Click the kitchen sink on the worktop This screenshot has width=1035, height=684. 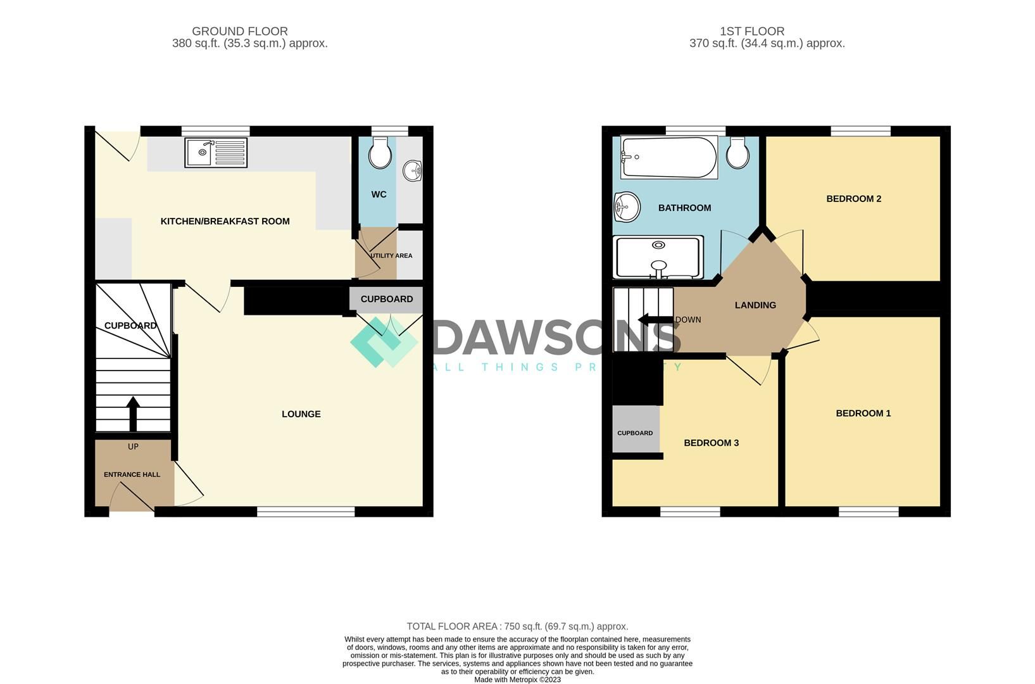[x=216, y=153]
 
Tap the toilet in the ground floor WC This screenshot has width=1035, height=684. [x=380, y=153]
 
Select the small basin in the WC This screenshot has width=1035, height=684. [x=413, y=170]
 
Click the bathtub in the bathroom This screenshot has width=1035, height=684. [x=668, y=158]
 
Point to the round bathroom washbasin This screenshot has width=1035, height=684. [x=626, y=206]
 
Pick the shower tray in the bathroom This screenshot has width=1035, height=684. [x=658, y=257]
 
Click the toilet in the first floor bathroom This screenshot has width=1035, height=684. [x=737, y=153]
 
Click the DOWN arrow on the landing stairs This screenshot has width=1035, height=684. [x=655, y=319]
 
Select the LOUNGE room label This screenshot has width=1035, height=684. [x=301, y=414]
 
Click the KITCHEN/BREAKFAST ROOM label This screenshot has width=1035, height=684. [x=225, y=221]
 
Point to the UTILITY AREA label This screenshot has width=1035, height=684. [x=391, y=256]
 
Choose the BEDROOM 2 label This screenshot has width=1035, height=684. [x=853, y=199]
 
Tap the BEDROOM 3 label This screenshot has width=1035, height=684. [x=711, y=443]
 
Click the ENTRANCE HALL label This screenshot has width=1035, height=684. [x=132, y=474]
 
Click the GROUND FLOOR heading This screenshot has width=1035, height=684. [x=240, y=31]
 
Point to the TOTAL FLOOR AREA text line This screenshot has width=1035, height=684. [x=517, y=626]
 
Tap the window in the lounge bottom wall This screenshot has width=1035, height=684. [x=306, y=511]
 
